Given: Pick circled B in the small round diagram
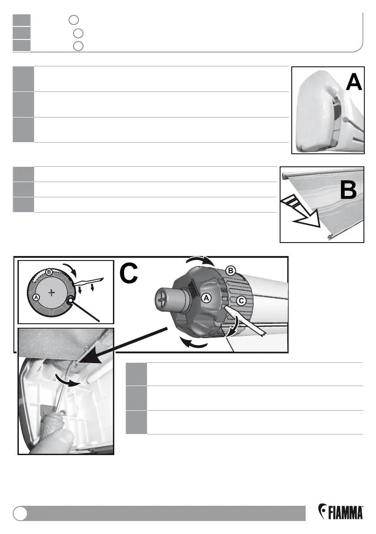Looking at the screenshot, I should point(49,272).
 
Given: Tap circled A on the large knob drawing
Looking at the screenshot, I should point(207,298).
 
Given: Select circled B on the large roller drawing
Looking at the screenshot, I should point(230,271).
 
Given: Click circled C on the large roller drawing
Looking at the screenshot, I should point(241,301).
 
